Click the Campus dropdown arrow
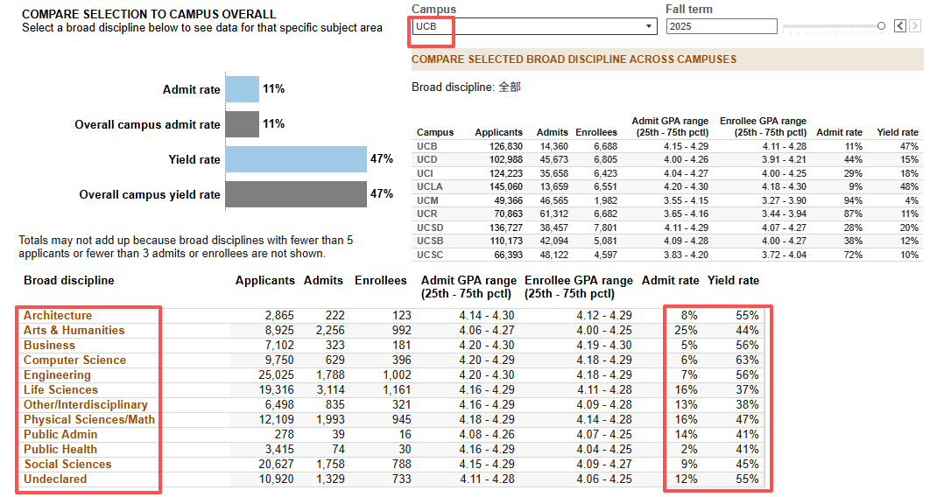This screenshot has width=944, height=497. click(648, 26)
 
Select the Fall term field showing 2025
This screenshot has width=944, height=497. click(722, 26)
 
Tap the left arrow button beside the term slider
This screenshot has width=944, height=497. click(900, 26)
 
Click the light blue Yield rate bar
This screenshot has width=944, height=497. click(296, 159)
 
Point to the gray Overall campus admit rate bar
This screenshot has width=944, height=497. click(242, 124)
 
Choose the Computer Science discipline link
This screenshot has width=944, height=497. click(74, 360)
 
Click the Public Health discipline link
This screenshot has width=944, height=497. click(60, 449)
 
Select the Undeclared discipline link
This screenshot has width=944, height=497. click(55, 479)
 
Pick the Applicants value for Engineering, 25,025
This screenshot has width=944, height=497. click(277, 374)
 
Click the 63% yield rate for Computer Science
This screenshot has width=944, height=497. click(747, 360)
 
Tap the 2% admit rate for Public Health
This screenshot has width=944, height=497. click(689, 449)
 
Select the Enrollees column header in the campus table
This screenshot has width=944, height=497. click(596, 132)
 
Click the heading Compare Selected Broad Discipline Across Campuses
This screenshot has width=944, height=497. click(574, 59)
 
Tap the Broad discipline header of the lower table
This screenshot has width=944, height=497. click(68, 280)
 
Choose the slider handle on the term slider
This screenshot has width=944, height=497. click(881, 26)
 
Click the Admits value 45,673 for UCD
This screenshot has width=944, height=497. click(552, 159)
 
